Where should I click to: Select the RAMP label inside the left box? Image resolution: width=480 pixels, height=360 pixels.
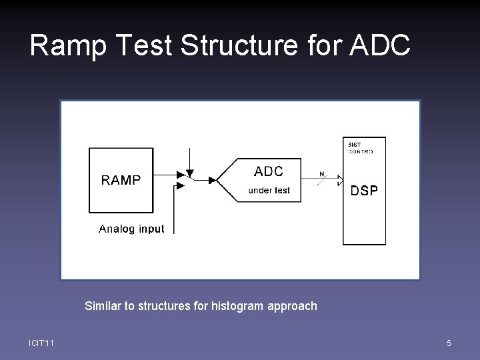(121, 180)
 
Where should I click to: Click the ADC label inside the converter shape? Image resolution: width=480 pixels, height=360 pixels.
(269, 172)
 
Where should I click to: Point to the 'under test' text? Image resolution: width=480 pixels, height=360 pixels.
(269, 191)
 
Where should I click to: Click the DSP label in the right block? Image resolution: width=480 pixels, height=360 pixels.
(364, 191)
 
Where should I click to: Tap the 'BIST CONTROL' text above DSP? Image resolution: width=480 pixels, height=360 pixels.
(360, 147)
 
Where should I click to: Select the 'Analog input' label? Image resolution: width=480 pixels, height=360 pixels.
(131, 229)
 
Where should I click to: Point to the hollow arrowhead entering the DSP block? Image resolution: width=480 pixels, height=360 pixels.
(339, 179)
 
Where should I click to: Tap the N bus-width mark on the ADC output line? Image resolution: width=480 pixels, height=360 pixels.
(322, 175)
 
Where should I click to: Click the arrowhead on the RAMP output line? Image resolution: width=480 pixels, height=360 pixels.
(180, 175)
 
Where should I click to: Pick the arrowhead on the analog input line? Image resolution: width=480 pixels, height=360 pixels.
(180, 187)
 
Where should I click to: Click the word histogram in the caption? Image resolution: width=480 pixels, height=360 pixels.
(237, 306)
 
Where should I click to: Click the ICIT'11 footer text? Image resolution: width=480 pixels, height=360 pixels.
(41, 343)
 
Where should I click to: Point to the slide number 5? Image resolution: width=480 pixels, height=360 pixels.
(449, 343)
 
